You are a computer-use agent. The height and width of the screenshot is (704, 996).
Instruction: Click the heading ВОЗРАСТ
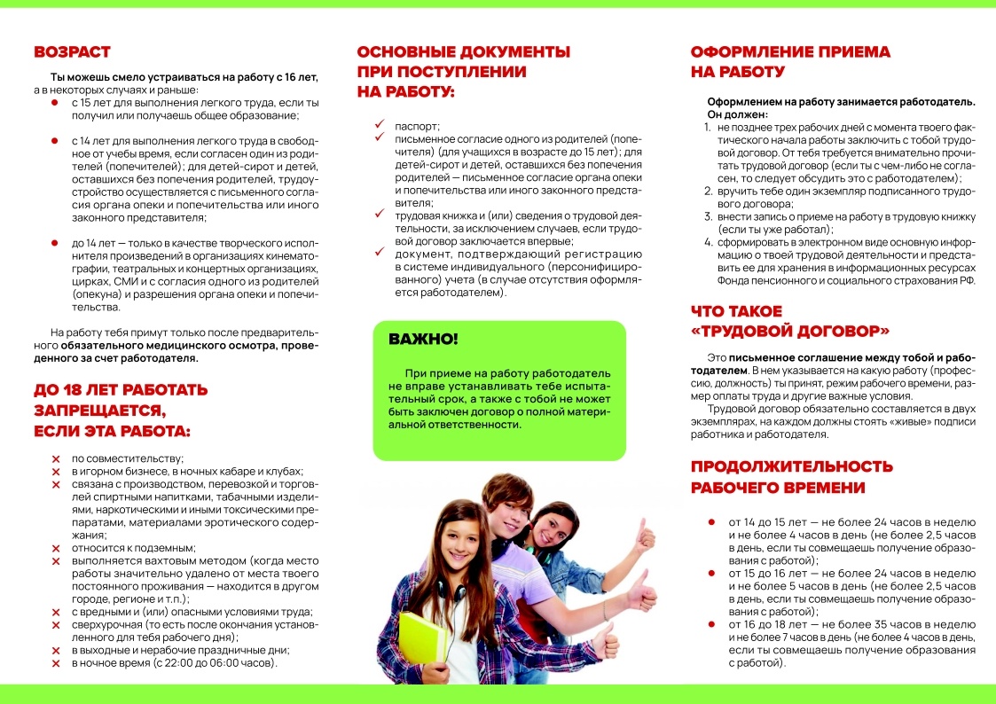[x=72, y=51]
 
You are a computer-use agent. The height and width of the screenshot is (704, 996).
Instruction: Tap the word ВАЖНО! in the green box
[x=424, y=339]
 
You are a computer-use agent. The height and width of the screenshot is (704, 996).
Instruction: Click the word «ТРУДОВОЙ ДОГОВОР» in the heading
[x=790, y=332]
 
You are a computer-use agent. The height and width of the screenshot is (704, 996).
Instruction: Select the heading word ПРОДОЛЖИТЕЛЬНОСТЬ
[x=792, y=466]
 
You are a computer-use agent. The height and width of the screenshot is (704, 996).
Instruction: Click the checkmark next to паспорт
[x=378, y=126]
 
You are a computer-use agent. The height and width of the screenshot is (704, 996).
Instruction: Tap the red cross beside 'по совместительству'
[x=56, y=458]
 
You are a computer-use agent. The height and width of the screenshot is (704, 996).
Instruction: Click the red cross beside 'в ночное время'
[x=56, y=662]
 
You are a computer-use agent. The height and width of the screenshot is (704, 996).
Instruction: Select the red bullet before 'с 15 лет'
[x=55, y=103]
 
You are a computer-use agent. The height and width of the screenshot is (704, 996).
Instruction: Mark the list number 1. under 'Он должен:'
[x=708, y=128]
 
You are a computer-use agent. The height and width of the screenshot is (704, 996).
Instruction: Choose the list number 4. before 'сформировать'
[x=708, y=241]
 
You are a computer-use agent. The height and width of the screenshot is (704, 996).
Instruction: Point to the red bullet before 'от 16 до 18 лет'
[x=711, y=624]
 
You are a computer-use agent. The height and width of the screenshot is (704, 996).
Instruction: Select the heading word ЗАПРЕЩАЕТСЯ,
[x=99, y=411]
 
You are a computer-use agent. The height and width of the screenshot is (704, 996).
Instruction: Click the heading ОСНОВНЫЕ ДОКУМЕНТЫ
[x=463, y=51]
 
